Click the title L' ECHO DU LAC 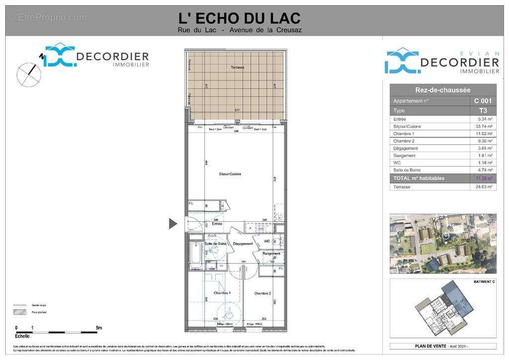pos(240,18)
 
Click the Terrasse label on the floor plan pos(237,68)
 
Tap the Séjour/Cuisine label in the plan pos(230,174)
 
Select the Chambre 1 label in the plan pos(222,293)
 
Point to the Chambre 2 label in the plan pos(262,293)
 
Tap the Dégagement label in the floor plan pos(243,244)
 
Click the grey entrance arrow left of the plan pos(172,224)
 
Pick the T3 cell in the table pos(483,110)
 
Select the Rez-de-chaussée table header pos(442,90)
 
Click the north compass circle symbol pos(29,75)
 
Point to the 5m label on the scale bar pos(99,328)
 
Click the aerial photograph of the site pos(442,244)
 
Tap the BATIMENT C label pos(484,282)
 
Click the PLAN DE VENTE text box pos(442,346)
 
